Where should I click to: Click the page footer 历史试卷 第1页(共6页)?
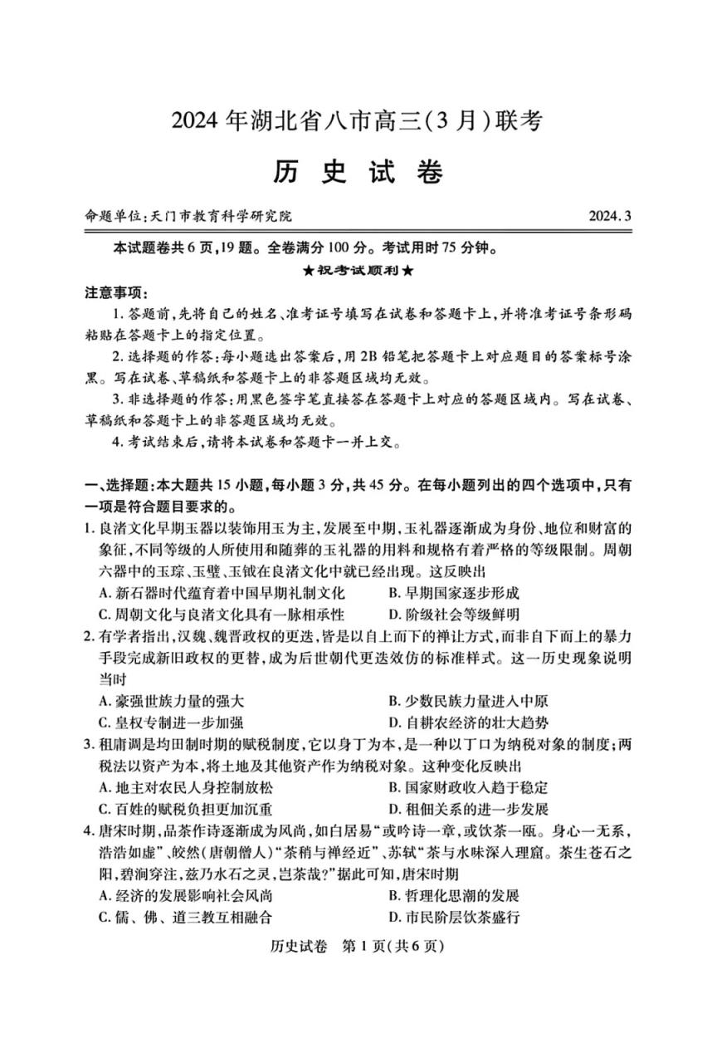pos(358,947)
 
